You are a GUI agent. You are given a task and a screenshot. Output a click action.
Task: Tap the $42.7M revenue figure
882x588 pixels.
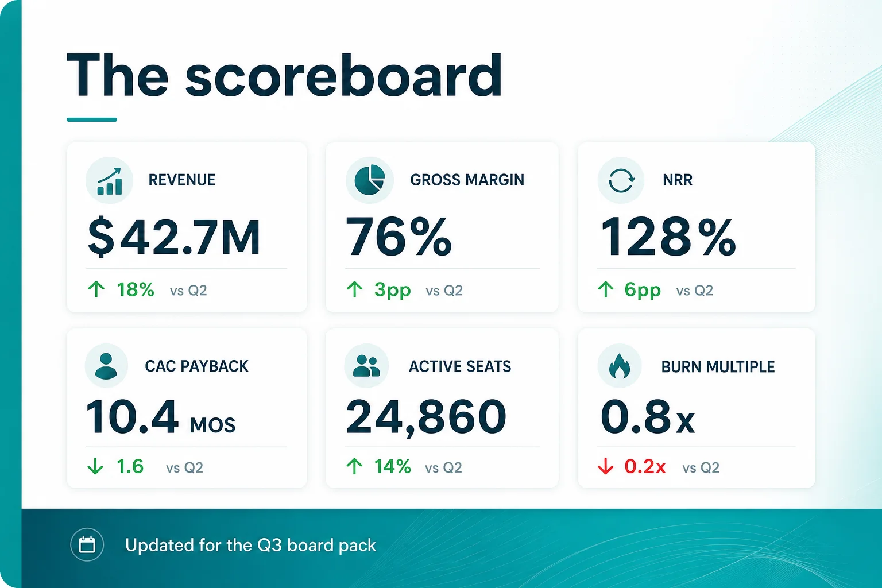(173, 237)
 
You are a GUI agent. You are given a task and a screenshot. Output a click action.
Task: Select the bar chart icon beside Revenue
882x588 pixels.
(110, 181)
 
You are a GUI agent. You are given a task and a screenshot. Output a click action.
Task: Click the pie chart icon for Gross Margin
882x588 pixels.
(369, 180)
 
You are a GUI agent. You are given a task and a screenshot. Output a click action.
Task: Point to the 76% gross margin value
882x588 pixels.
(399, 237)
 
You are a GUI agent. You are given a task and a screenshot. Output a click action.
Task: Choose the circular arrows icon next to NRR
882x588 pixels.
(621, 180)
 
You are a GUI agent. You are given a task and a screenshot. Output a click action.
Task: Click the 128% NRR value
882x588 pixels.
(668, 237)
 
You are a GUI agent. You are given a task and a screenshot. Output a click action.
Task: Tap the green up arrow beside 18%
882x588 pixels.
(96, 289)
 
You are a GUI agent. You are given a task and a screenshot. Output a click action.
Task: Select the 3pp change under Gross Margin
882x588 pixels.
(393, 290)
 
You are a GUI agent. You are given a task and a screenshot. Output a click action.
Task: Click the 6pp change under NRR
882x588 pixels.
(643, 290)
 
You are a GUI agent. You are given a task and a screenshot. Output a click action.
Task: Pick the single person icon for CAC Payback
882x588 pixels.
(106, 366)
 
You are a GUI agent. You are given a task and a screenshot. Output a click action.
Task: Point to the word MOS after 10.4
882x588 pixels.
(212, 425)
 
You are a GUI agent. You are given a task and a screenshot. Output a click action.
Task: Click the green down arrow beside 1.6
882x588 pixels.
(95, 466)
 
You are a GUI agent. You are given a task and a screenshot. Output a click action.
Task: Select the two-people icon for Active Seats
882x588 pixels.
(366, 366)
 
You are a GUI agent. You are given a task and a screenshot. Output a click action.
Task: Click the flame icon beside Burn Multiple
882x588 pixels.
(620, 366)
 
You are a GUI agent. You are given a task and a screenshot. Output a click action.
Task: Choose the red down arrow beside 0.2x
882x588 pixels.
(606, 466)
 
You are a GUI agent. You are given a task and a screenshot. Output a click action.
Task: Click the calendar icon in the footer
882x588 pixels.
(87, 545)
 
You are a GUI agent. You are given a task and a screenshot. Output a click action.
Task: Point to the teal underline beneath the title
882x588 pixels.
(92, 119)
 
